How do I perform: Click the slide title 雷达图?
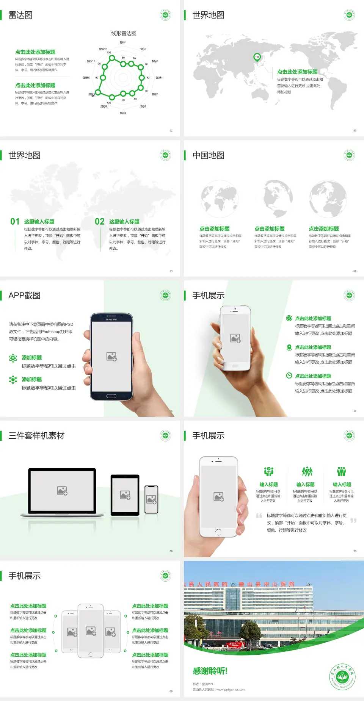(20, 15)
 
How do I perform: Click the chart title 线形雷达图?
(124, 33)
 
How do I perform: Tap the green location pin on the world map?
(257, 57)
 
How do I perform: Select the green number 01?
(15, 222)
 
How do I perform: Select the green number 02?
(100, 222)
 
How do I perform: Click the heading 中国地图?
(208, 155)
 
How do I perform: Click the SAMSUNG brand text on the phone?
(111, 319)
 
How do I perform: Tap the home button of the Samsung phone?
(111, 396)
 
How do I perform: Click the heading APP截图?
(24, 296)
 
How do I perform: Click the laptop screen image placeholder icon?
(62, 491)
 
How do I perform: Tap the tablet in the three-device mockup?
(125, 494)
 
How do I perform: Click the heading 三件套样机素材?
(36, 436)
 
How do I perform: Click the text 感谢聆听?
(210, 671)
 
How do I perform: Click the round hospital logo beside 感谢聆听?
(342, 677)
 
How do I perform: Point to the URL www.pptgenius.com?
(231, 690)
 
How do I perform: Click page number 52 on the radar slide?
(171, 130)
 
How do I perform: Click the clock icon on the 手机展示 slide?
(289, 376)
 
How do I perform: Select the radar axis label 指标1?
(123, 42)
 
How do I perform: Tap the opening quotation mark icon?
(259, 516)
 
